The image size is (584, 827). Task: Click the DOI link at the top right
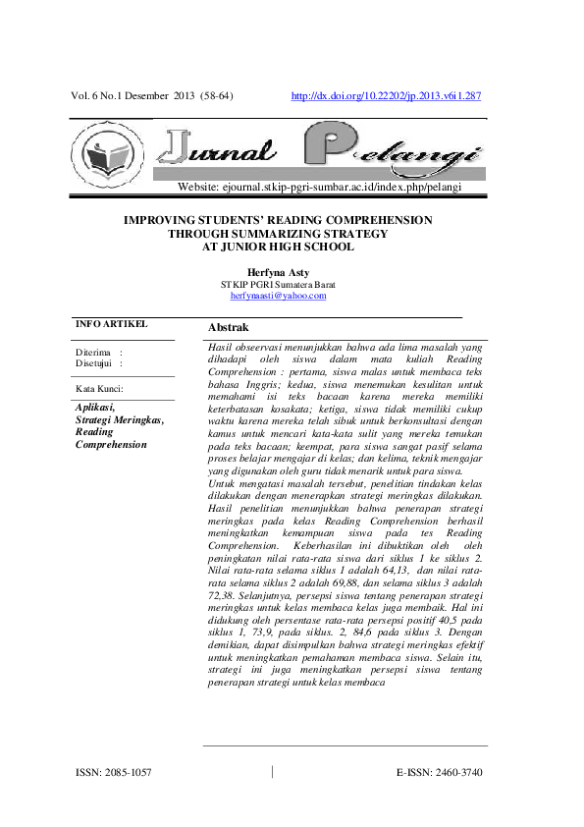[387, 96]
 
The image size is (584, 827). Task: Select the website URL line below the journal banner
[319, 187]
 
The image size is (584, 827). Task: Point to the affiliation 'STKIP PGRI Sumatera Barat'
[278, 284]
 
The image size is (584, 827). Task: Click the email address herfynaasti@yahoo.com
[278, 295]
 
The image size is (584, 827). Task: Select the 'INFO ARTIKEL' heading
[111, 323]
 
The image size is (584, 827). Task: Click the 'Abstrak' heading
[229, 327]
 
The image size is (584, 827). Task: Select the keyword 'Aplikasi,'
[95, 407]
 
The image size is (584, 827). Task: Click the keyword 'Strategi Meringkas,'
[119, 419]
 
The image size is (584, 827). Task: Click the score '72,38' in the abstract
[226, 597]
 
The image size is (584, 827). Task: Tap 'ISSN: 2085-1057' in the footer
[114, 773]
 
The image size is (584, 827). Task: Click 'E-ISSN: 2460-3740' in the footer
[440, 773]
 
